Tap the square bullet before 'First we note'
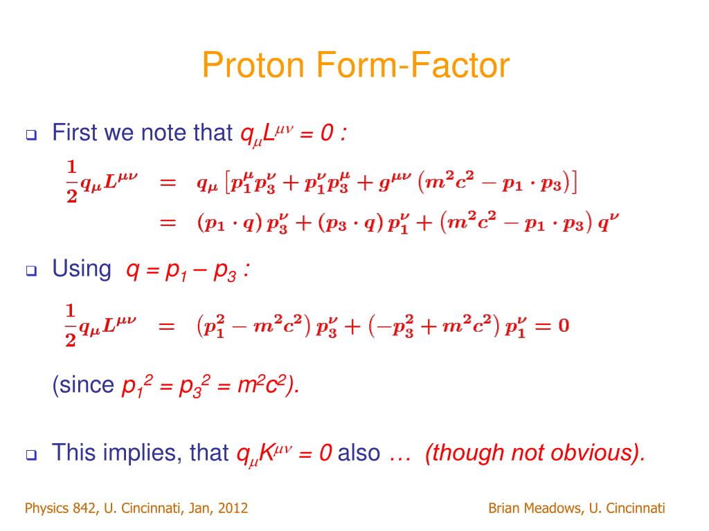(x=31, y=136)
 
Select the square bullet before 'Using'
(x=31, y=272)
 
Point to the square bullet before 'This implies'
(x=31, y=456)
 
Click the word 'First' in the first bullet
(x=75, y=132)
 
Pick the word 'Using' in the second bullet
(x=81, y=270)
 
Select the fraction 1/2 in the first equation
(x=71, y=181)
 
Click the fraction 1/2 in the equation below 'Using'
(x=71, y=324)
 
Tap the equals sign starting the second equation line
(x=168, y=223)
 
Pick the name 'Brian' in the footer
(x=503, y=509)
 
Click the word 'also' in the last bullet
(x=359, y=453)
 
